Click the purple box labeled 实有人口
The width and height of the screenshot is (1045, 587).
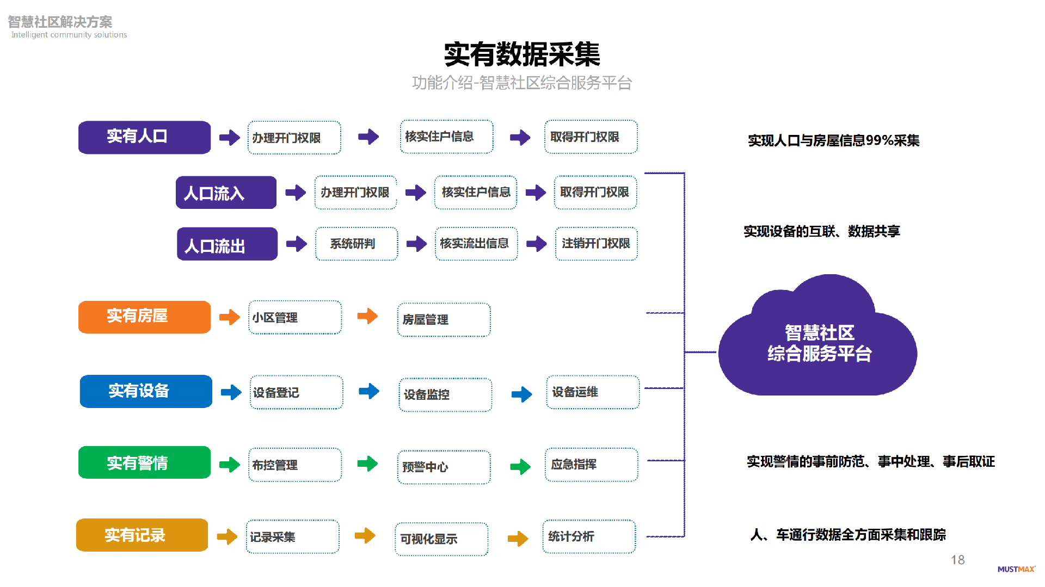144,137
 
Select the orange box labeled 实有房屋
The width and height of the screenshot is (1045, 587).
144,317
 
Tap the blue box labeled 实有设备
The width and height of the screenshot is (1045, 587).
146,391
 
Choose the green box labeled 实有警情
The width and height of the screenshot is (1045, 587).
144,462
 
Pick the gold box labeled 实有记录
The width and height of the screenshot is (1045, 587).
142,535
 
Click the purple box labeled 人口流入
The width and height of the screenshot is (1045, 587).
226,193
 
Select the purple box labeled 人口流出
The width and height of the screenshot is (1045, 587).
227,244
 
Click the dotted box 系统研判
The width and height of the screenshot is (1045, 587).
356,244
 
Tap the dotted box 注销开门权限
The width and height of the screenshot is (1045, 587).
596,244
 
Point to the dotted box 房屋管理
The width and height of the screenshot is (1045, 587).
444,320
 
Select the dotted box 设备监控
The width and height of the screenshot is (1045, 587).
445,394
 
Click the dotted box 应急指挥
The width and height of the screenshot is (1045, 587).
591,465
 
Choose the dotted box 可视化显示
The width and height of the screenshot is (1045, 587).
441,539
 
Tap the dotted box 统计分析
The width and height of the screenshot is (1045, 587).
589,536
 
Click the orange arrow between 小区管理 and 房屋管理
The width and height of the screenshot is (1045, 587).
367,316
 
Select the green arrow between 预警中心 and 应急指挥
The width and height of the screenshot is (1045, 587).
520,466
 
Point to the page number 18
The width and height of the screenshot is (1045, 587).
957,560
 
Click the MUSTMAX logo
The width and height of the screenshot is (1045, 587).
1016,569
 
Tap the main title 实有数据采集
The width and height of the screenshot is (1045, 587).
521,54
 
